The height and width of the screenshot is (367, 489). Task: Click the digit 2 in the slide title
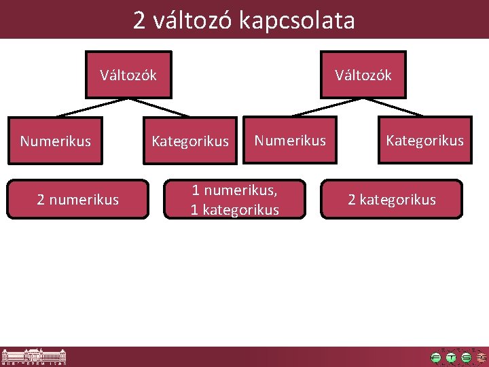tap(139, 20)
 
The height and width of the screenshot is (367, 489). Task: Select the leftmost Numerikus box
tap(55, 141)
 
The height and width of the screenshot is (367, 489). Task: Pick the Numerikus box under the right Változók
tap(290, 141)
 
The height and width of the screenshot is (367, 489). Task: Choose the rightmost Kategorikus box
tap(424, 141)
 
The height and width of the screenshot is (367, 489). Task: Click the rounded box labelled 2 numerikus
tap(77, 199)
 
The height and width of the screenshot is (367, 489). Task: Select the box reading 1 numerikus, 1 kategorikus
tap(234, 200)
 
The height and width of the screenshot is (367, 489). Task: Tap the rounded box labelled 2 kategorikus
tap(391, 199)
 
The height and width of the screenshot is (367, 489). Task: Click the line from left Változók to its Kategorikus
tap(160, 107)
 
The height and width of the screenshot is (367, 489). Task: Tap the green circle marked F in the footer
tap(436, 357)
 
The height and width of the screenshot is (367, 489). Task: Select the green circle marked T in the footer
tap(451, 357)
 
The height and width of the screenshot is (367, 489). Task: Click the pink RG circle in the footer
tap(482, 357)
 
